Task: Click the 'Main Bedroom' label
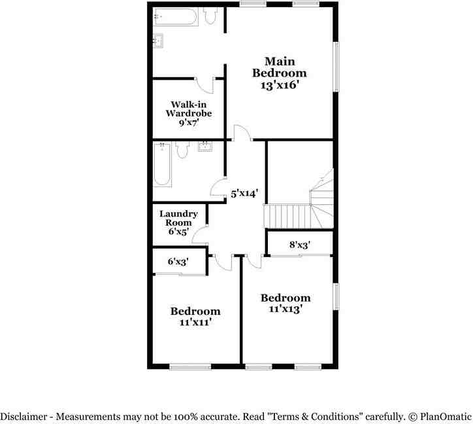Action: pyautogui.click(x=279, y=67)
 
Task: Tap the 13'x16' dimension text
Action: pyautogui.click(x=279, y=84)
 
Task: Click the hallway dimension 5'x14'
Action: pyautogui.click(x=245, y=193)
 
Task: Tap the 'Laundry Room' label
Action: pyautogui.click(x=178, y=219)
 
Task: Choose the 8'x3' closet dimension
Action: pyautogui.click(x=299, y=245)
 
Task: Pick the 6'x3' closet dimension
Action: pyautogui.click(x=178, y=261)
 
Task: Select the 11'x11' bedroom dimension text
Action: pyautogui.click(x=195, y=322)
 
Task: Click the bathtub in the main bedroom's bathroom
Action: pyautogui.click(x=176, y=17)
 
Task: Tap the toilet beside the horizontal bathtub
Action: pyautogui.click(x=210, y=16)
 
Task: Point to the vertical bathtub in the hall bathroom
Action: pyautogui.click(x=163, y=165)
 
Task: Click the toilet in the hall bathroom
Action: pyautogui.click(x=182, y=150)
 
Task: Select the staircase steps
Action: pyautogui.click(x=286, y=215)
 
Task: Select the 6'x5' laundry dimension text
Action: pyautogui.click(x=178, y=231)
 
